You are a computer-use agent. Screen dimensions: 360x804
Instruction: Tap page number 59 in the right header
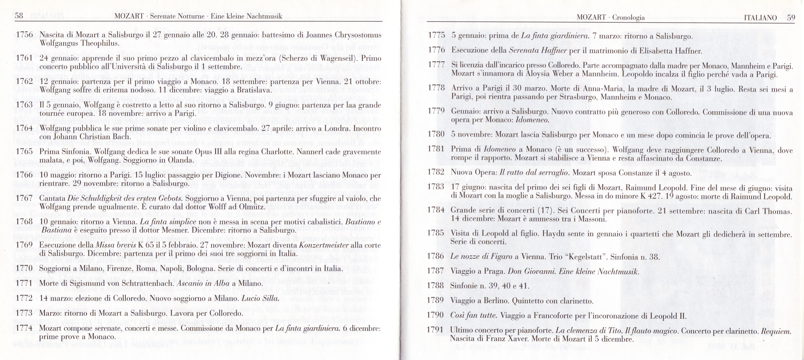pyautogui.click(x=791, y=17)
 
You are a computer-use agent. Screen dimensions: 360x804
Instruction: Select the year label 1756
pyautogui.click(x=24, y=34)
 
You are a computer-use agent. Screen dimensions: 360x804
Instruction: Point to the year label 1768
pyautogui.click(x=24, y=221)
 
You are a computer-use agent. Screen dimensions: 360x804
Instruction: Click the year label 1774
pyautogui.click(x=24, y=328)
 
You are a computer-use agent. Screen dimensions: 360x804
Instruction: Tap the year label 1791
pyautogui.click(x=435, y=330)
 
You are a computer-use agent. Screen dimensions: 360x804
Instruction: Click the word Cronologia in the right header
pyautogui.click(x=628, y=17)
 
